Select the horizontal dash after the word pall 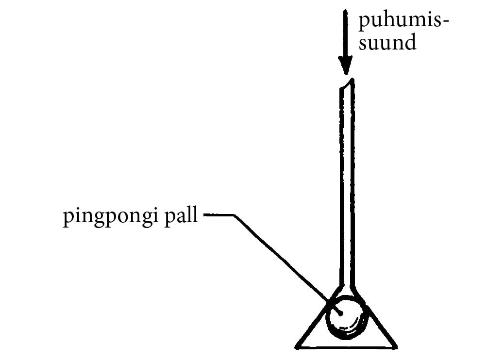click(218, 215)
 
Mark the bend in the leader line click(235, 215)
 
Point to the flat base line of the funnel click(346, 347)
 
